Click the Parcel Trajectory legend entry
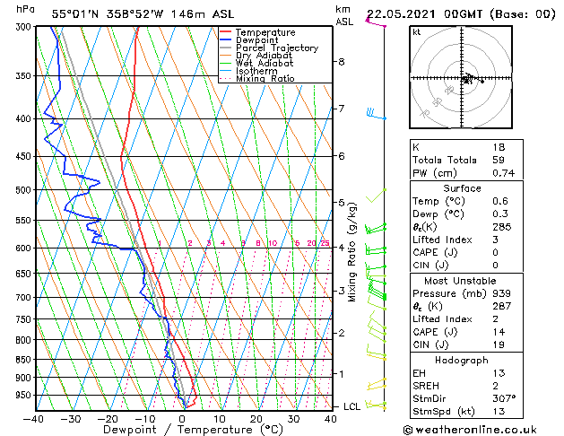tap(277, 48)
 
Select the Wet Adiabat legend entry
tap(265, 63)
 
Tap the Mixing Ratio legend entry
tap(265, 79)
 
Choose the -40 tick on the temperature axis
tap(34, 418)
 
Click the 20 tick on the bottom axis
tap(256, 418)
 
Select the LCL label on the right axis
tap(352, 407)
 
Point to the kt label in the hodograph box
tap(417, 31)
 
